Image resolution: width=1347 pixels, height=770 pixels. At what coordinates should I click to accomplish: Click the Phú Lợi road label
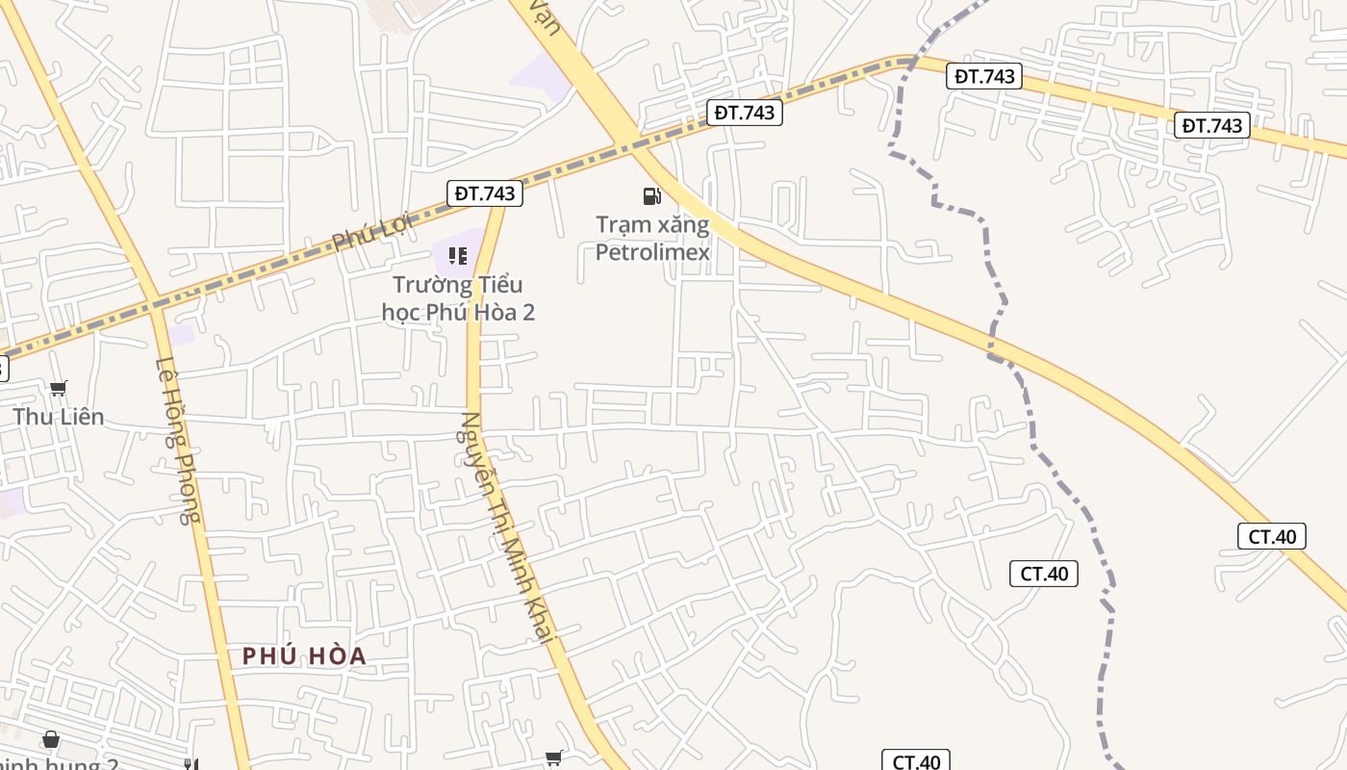(371, 232)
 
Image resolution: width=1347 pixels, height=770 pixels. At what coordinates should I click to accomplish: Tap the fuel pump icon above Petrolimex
(652, 196)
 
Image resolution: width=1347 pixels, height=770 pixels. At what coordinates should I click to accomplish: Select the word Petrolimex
(652, 252)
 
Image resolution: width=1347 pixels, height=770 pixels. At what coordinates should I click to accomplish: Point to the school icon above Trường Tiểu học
(458, 256)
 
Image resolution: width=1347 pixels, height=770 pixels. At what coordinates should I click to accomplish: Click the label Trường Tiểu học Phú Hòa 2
(458, 298)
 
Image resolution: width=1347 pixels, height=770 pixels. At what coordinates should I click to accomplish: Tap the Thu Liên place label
(58, 417)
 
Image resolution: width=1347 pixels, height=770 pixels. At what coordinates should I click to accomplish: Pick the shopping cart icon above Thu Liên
(59, 389)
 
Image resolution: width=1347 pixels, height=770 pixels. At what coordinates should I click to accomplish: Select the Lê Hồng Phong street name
(178, 441)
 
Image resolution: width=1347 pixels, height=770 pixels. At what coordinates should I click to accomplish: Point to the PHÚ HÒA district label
(304, 656)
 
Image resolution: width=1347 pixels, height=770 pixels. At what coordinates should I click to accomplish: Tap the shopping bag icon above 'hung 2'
(50, 740)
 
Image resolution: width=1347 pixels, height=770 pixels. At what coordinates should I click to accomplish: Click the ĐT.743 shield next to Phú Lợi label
(486, 193)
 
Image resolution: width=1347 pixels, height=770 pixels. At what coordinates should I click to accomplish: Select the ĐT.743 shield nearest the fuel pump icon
(744, 113)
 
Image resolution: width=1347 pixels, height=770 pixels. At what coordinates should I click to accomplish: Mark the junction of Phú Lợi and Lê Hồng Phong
(156, 308)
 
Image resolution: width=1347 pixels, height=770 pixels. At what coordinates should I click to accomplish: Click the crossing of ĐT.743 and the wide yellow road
(633, 144)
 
